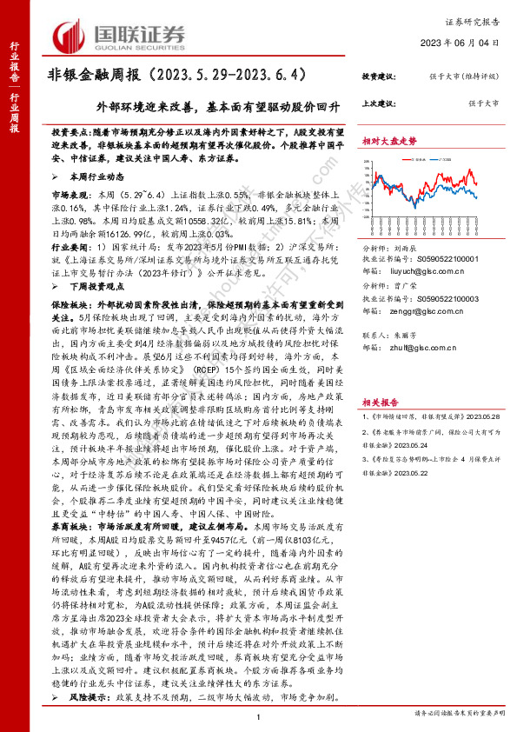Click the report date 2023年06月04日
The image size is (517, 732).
point(470,42)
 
